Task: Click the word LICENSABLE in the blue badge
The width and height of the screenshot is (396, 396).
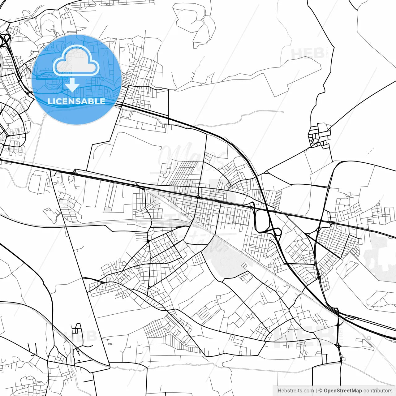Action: click(76, 101)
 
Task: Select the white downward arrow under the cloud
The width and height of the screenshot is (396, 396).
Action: click(72, 85)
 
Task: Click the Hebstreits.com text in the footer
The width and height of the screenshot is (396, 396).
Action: click(295, 391)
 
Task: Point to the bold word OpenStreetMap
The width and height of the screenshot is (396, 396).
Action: click(343, 391)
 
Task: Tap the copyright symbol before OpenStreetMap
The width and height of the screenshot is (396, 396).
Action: click(321, 391)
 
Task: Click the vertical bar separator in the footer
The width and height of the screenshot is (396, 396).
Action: click(316, 391)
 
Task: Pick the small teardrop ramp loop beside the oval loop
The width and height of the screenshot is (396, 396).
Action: click(276, 232)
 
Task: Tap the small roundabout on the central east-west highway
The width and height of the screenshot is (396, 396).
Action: click(198, 196)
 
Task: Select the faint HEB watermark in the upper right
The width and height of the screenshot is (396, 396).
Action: click(308, 53)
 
